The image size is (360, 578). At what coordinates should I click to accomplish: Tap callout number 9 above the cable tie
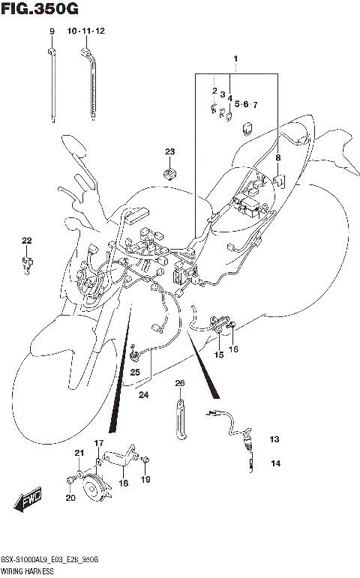(52, 31)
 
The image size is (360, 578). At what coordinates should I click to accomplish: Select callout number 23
(170, 152)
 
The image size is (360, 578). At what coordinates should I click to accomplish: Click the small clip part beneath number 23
(170, 174)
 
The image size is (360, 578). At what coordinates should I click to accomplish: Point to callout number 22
(27, 241)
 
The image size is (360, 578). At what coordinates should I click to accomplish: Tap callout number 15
(220, 355)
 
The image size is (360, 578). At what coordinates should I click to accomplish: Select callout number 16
(234, 349)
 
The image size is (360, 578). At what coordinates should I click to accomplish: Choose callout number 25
(135, 372)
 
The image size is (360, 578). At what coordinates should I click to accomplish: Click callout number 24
(142, 395)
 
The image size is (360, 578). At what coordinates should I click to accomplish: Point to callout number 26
(180, 384)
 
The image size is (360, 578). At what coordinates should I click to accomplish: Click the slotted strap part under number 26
(181, 421)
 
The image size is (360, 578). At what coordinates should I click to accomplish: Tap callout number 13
(274, 439)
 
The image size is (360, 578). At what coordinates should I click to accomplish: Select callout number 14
(275, 464)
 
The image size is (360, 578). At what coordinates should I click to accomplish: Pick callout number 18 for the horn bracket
(123, 484)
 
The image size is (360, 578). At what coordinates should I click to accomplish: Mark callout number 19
(146, 480)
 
